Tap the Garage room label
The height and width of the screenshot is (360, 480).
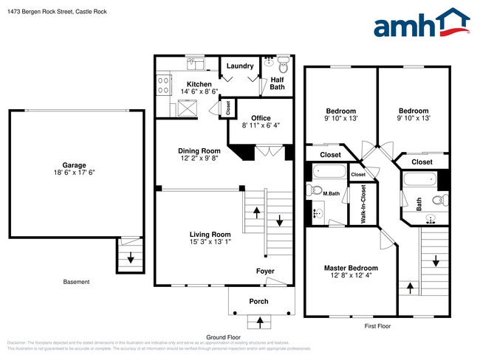point(74,165)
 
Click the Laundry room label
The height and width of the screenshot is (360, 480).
point(240,66)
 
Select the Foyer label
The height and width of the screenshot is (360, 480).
point(265,271)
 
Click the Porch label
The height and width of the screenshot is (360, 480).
point(258,301)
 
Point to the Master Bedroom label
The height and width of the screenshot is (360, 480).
point(351,269)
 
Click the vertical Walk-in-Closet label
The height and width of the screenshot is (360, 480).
point(363,204)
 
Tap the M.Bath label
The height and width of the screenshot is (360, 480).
point(330,194)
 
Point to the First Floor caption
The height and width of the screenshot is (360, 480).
point(377,325)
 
